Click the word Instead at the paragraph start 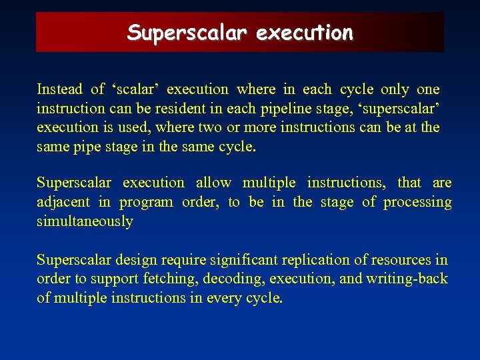point(60,89)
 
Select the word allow point(213,183)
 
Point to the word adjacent point(64,202)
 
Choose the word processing point(419,202)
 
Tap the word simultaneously point(85,221)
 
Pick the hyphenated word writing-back point(406,279)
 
